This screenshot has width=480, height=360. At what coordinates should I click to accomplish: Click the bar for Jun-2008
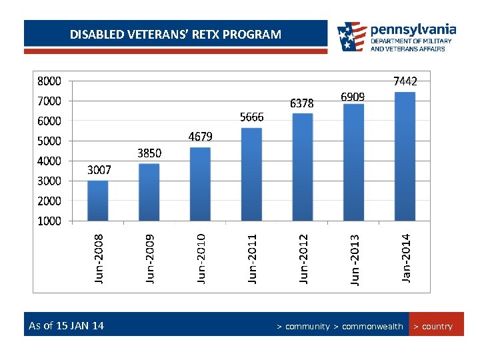tap(97, 200)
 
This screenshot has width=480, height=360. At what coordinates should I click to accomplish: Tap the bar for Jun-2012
tap(303, 167)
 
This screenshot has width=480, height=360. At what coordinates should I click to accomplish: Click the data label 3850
tap(149, 153)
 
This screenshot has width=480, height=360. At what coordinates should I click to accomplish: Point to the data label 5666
tap(252, 117)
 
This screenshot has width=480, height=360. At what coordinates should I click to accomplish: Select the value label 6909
tap(353, 97)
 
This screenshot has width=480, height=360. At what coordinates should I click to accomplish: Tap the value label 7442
tap(405, 81)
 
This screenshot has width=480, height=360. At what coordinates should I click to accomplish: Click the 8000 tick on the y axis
tap(49, 81)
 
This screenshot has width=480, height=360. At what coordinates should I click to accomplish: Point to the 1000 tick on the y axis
tap(49, 221)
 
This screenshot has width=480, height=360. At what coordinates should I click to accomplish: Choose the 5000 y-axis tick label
tap(49, 141)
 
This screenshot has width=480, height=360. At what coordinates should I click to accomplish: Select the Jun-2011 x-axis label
tap(252, 257)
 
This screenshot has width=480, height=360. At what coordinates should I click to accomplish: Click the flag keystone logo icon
tap(351, 37)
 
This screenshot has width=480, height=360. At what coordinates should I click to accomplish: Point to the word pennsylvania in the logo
tap(413, 29)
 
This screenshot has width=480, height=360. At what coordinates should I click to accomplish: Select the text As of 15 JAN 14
tap(67, 326)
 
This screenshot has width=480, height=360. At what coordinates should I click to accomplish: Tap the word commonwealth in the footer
tap(372, 327)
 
